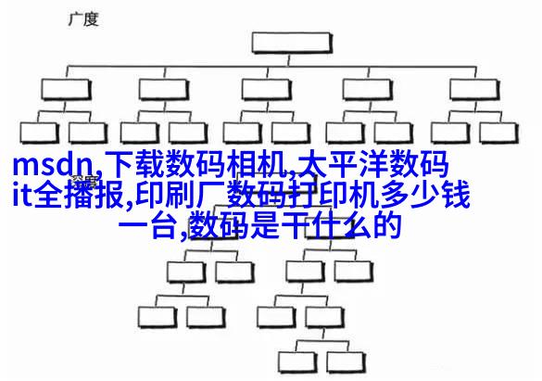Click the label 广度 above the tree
point(83,19)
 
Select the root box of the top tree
point(292,43)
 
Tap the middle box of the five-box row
point(267,90)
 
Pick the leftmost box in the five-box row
point(66,90)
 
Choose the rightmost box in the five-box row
point(475,90)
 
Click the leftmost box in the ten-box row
point(39,133)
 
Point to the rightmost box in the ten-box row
point(499,133)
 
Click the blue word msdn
point(53,166)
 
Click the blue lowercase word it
point(23,195)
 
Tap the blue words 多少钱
point(425,195)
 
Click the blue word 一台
point(148,225)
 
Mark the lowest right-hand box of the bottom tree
point(347,362)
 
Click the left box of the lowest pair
point(297,362)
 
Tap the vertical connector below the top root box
point(290,60)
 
